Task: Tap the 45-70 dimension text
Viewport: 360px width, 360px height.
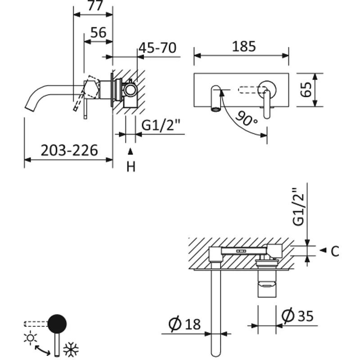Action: pos(157,48)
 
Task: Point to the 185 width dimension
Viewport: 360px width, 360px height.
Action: pos(244,46)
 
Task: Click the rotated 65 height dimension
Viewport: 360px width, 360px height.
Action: pos(306,90)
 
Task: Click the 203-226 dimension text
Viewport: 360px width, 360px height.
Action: pos(69,150)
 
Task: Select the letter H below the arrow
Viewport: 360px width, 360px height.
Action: pos(130,167)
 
